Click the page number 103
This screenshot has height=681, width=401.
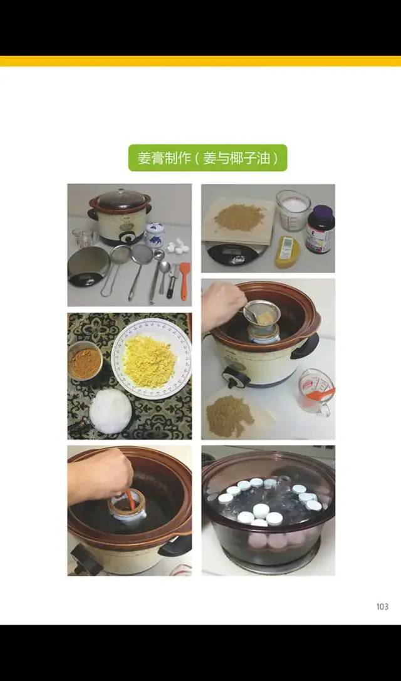tap(382, 606)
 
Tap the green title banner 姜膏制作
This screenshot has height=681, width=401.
tap(207, 157)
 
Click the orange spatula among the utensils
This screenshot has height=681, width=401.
tap(185, 279)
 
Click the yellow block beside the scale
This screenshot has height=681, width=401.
tap(288, 251)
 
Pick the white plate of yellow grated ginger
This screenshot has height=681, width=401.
tap(150, 358)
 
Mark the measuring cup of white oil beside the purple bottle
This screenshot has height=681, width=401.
tap(293, 209)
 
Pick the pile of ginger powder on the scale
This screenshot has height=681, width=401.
tap(239, 217)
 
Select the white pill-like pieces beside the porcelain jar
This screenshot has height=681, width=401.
tap(179, 246)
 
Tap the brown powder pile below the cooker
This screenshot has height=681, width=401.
tap(229, 415)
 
